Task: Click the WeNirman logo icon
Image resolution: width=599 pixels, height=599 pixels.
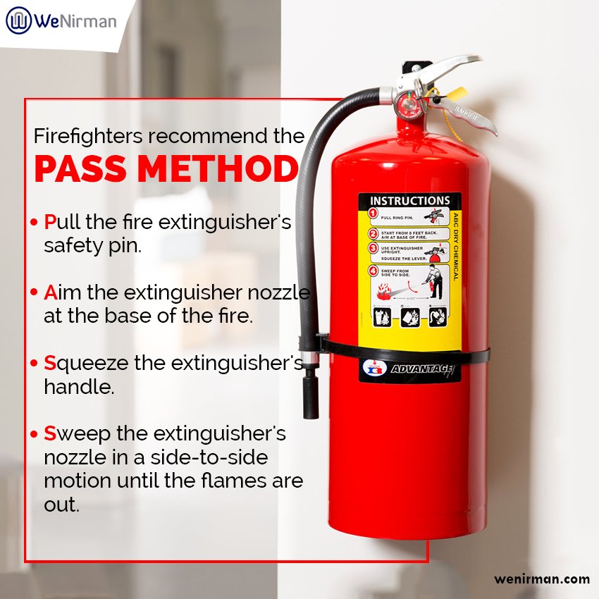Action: [18, 20]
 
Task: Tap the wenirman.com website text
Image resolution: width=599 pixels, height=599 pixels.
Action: [541, 579]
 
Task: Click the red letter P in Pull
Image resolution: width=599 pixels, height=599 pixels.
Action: [49, 222]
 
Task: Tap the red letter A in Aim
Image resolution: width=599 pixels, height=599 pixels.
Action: [49, 292]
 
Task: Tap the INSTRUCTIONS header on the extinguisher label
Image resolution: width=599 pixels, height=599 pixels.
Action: [409, 201]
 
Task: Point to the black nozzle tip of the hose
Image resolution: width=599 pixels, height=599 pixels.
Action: [311, 398]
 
